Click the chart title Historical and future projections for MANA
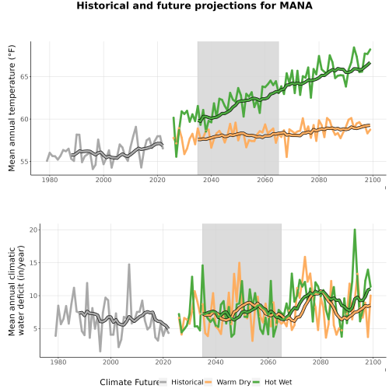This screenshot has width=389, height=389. pos(194,5)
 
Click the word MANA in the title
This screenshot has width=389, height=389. pos(296,5)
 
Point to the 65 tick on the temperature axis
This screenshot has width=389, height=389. pos(25,77)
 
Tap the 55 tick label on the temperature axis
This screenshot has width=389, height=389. pos(25,162)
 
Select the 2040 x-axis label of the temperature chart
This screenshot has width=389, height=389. pos(211,180)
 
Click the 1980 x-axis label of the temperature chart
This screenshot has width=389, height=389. pos(50,180)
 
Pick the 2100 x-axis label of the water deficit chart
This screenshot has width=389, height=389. pos(373,362)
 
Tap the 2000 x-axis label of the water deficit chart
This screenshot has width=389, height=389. pos(110,362)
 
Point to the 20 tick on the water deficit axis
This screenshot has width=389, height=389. pos(33,230)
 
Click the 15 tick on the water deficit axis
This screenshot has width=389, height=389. pos(33,263)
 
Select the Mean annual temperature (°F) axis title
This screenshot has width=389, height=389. pos(12,108)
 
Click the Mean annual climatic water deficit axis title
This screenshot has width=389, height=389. pos(16,290)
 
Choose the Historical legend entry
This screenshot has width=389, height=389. pos(181,382)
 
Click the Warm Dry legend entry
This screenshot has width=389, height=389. pos(228,382)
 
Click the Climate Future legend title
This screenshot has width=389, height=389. pos(130,382)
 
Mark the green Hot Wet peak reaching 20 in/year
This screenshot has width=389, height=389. pos(355,230)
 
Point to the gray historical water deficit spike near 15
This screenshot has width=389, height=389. pos(129,265)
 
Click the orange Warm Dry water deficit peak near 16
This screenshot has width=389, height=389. pos(305,257)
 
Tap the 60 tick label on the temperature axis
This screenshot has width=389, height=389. pos(25,119)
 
